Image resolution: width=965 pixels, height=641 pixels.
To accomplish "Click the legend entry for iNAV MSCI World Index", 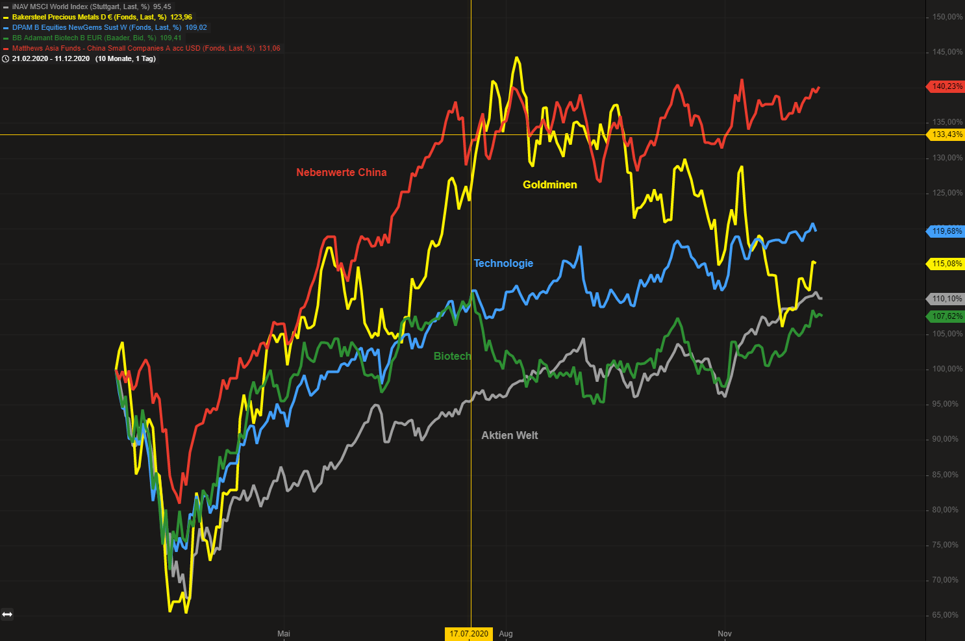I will point(91,6).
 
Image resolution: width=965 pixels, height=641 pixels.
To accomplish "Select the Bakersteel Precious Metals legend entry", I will point(101,17).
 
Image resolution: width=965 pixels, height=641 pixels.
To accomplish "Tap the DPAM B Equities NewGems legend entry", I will point(109,27).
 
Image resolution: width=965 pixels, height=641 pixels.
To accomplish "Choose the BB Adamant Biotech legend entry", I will point(96,38).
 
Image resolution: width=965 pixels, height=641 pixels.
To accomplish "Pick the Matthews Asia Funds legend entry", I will point(145,48).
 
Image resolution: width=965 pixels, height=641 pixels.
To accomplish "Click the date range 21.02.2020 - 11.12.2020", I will point(51,58).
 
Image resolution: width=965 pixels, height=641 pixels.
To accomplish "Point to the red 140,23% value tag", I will point(947,86).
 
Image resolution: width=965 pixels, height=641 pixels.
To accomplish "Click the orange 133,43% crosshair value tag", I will point(947,134).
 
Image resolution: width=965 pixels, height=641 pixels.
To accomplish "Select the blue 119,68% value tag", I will point(947,231).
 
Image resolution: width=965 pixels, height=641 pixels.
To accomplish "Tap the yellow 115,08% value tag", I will point(947,264).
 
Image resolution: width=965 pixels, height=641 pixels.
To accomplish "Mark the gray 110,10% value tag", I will point(947,299).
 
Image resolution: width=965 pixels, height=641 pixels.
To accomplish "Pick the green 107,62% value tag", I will point(947,316).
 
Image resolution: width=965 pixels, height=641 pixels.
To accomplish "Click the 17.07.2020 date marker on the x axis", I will point(469,634).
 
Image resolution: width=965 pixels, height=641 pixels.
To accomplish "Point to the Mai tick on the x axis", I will point(284,634).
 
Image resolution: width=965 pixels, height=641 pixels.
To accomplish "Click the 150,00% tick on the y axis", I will point(947,17).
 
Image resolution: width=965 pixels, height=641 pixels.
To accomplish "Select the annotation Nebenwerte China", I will point(341,172).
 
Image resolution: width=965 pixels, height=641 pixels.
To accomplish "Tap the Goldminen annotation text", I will point(549,184).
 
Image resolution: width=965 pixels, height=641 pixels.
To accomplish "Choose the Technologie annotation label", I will point(503,263).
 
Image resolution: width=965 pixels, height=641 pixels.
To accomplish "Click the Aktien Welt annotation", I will point(509,435).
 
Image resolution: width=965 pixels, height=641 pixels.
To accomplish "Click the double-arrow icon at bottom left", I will point(7,614).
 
